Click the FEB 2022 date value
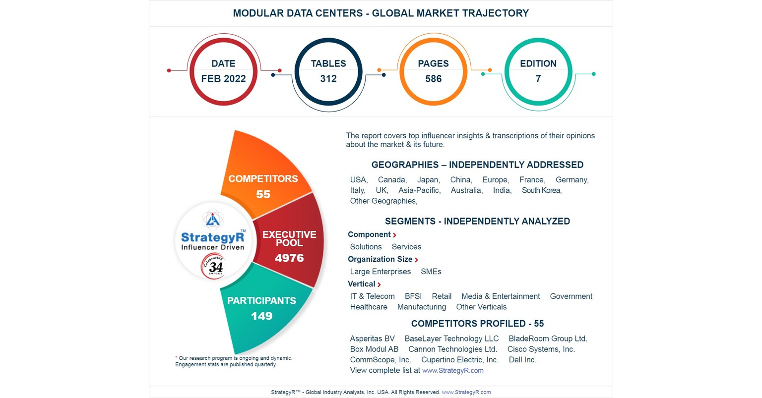pyautogui.click(x=223, y=78)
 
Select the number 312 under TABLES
pyautogui.click(x=328, y=78)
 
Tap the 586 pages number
pyautogui.click(x=433, y=78)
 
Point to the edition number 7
pyautogui.click(x=538, y=78)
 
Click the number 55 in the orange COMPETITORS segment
pyautogui.click(x=263, y=194)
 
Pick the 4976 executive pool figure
pyautogui.click(x=289, y=258)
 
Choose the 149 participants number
pyautogui.click(x=261, y=316)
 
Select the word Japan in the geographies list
pyautogui.click(x=428, y=179)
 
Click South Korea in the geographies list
pyautogui.click(x=541, y=190)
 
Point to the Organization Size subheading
pyautogui.click(x=380, y=259)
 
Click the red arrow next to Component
pyautogui.click(x=394, y=235)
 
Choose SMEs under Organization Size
pyautogui.click(x=431, y=271)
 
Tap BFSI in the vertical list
pyautogui.click(x=413, y=296)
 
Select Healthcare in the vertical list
pyautogui.click(x=369, y=307)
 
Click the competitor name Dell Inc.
pyautogui.click(x=522, y=360)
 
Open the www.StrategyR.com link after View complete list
pyautogui.click(x=452, y=370)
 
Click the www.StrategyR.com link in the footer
pyautogui.click(x=466, y=392)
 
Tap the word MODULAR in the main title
pyautogui.click(x=256, y=13)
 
